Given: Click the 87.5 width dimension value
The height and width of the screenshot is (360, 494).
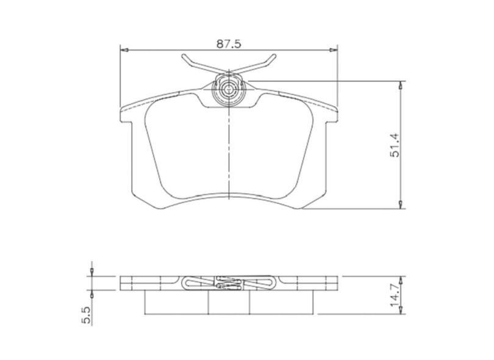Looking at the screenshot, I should [229, 43].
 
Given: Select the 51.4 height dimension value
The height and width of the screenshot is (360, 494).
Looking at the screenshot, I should [395, 145].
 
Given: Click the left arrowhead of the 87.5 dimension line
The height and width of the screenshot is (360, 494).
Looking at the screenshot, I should [123, 51].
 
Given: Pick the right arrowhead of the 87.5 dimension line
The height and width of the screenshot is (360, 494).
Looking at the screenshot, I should [334, 51].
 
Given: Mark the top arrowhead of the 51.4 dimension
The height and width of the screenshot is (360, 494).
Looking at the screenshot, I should [401, 85].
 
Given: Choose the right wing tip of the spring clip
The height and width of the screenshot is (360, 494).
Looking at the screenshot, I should [271, 59].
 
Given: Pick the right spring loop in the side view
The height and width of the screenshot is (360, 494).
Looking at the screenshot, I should [261, 283].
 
